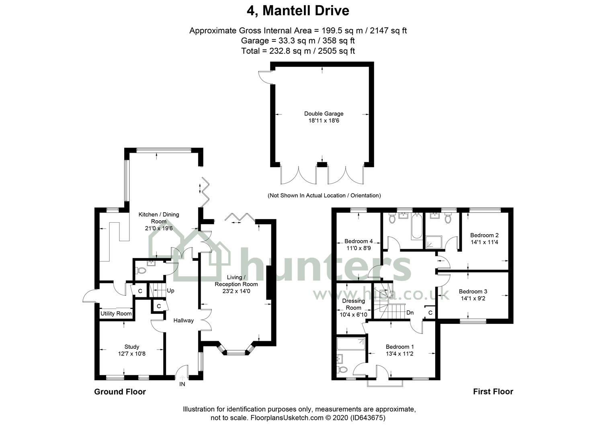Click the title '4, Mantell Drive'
(298, 11)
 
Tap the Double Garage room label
(324, 114)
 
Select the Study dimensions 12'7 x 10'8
(132, 354)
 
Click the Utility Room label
(116, 313)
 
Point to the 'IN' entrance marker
(182, 384)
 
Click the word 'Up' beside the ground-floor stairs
(170, 291)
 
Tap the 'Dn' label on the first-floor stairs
(410, 313)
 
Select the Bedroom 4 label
(358, 241)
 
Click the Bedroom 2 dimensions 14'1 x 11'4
(484, 242)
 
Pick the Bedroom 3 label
(473, 291)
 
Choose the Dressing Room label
(353, 304)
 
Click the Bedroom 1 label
(399, 347)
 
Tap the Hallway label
(183, 320)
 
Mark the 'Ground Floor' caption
(120, 392)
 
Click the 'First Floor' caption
(493, 391)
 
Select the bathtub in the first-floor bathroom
(416, 226)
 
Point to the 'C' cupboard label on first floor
(430, 312)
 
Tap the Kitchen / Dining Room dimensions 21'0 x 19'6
(159, 228)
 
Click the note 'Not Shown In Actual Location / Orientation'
(324, 196)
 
